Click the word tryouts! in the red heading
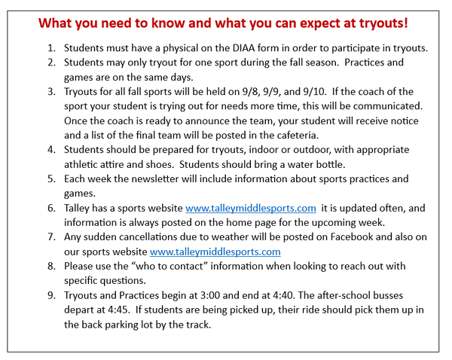pos(383,23)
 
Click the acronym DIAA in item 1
pos(243,48)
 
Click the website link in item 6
pos(251,208)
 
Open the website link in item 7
pos(215,252)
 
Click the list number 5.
pos(51,179)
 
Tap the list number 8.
pos(51,266)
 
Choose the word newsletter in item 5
pos(155,179)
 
